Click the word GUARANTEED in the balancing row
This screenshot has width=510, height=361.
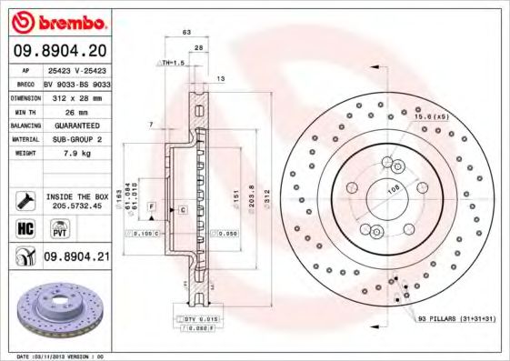click(76, 125)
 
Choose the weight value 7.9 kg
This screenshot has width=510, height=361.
click(76, 154)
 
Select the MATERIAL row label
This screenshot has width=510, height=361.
click(25, 139)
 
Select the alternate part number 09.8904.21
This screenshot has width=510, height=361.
click(78, 257)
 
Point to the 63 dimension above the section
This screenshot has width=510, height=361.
click(186, 32)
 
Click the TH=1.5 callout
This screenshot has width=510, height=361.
click(172, 63)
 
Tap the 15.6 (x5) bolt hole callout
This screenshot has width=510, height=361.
click(431, 116)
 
